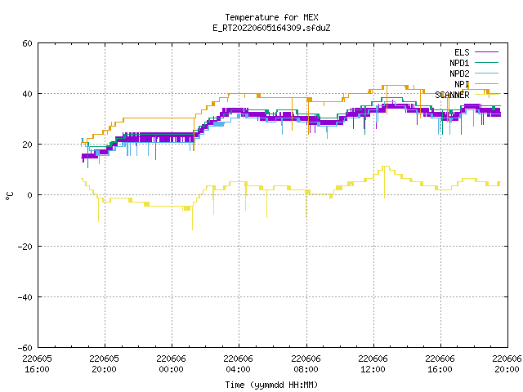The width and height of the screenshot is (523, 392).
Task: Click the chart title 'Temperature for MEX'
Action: tap(271, 17)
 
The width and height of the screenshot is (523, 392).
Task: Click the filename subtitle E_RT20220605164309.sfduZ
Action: tap(271, 28)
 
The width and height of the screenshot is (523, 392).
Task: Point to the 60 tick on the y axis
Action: tap(27, 43)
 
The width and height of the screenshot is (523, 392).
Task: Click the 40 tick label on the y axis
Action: tap(27, 94)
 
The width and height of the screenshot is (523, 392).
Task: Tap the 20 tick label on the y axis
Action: tap(27, 145)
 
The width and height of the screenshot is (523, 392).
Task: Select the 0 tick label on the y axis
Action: tap(30, 195)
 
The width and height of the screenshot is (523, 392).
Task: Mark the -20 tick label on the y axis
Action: tap(25, 247)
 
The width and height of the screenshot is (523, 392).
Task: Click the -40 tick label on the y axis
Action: tap(25, 297)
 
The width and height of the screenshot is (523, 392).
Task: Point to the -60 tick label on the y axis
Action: tap(25, 348)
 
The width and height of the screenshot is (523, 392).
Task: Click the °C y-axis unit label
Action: tap(9, 196)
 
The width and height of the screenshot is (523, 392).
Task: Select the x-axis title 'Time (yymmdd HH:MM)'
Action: tap(271, 385)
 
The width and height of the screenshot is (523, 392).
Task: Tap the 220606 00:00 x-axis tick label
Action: tap(172, 363)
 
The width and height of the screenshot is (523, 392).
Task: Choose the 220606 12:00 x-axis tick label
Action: tap(373, 363)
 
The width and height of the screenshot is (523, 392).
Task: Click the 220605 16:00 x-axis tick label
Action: tap(38, 363)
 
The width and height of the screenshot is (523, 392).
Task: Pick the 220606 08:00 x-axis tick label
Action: tap(306, 363)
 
